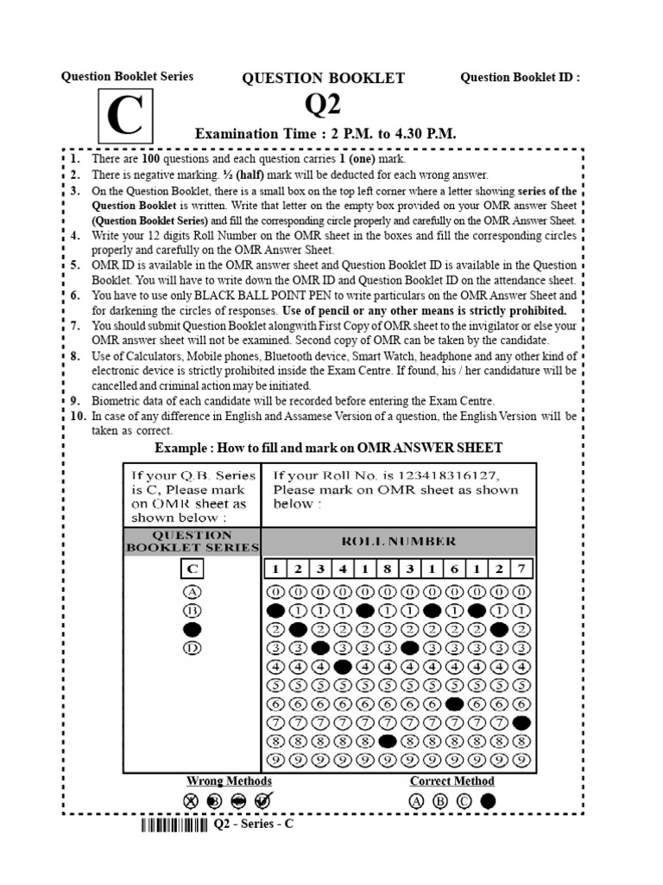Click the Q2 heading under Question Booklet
click(x=323, y=105)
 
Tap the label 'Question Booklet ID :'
click(x=520, y=78)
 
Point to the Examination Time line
click(x=325, y=135)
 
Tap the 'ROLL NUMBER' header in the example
click(x=398, y=541)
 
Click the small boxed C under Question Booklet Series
click(x=193, y=569)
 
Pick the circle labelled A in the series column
click(x=193, y=592)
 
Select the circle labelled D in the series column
click(x=193, y=647)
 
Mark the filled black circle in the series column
click(x=193, y=629)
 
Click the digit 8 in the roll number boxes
click(x=388, y=569)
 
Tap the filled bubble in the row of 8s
click(x=388, y=741)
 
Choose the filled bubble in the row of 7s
click(x=521, y=723)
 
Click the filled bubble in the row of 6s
click(x=454, y=704)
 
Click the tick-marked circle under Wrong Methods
click(x=262, y=801)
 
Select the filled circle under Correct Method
click(x=489, y=801)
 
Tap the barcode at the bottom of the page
click(x=174, y=825)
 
